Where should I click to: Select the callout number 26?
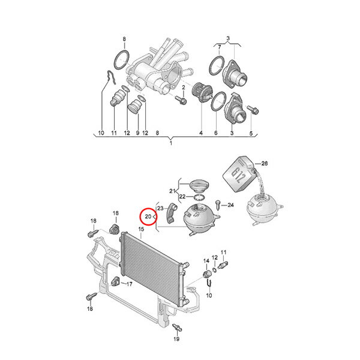tap(265, 163)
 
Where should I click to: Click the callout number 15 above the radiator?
tap(141, 229)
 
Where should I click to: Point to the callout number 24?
tap(230, 205)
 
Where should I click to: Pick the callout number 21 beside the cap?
tap(172, 191)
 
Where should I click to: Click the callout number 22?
tap(182, 197)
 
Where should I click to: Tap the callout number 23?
tap(160, 208)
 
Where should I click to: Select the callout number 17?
tap(130, 284)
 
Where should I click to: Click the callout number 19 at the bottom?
tap(176, 338)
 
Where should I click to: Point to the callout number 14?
tap(206, 261)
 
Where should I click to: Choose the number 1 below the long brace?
tap(171, 143)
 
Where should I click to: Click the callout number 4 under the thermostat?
tap(201, 133)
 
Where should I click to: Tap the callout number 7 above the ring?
tap(219, 47)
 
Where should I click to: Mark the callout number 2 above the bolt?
tap(184, 88)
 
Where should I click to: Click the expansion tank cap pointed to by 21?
tap(197, 187)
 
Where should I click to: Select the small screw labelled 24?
tap(218, 205)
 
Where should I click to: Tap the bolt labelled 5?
tap(253, 110)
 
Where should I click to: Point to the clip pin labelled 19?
tap(178, 327)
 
